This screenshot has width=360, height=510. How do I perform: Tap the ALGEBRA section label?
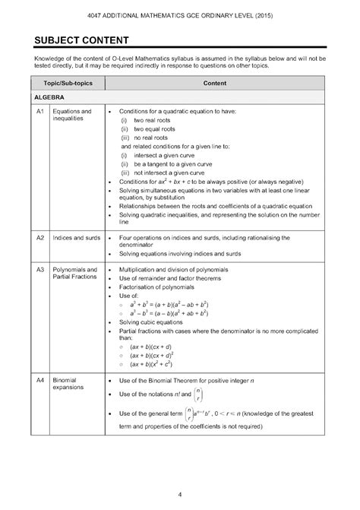[x=48, y=98]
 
